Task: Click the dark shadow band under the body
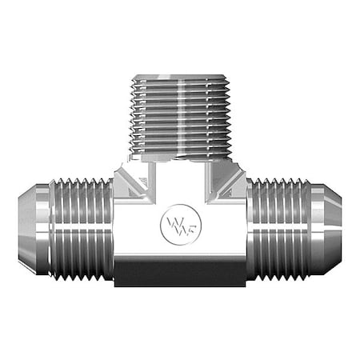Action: click(x=180, y=276)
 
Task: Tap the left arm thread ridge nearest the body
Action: click(x=109, y=229)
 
